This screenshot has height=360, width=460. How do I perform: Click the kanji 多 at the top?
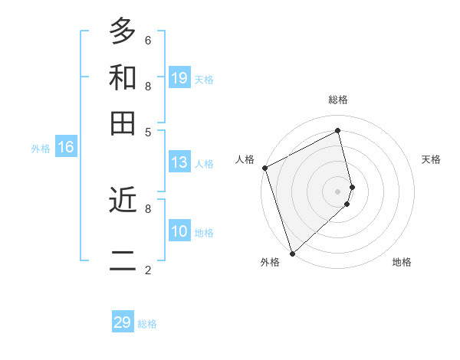pos(123,31)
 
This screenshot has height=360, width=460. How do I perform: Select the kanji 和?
pos(123,77)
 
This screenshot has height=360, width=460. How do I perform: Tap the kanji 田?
pos(123,123)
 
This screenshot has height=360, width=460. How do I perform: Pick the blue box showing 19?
pos(179,77)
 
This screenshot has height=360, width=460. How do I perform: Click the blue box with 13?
pos(179,162)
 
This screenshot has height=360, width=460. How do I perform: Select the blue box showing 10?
pos(179,231)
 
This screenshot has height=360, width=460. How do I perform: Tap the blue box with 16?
pos(66,147)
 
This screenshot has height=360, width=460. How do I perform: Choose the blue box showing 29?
pos(123,322)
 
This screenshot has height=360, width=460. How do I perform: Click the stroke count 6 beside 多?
pos(148,40)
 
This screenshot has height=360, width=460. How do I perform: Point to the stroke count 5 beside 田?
pos(148,131)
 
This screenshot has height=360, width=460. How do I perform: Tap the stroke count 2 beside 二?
pos(148,270)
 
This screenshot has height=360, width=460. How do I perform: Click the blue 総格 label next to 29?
pos(148,324)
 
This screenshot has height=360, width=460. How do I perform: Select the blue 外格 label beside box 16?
pos(41,149)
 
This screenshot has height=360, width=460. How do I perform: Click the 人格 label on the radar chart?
pos(245,159)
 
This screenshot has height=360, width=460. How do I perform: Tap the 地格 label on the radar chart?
pos(402,262)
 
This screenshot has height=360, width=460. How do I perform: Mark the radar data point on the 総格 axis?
pos(338,130)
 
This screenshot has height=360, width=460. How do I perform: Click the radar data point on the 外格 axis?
pos(292,254)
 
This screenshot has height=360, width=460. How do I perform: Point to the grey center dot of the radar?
pos(338,191)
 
